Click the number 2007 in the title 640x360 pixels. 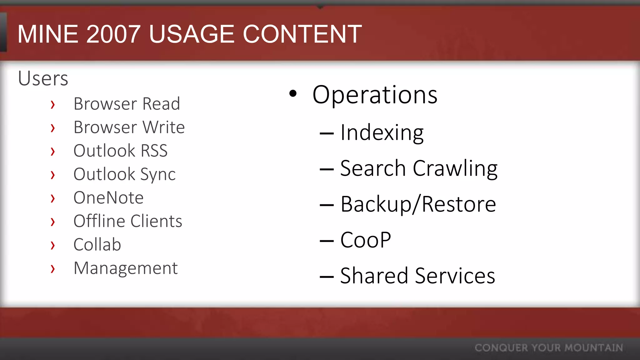tap(113, 34)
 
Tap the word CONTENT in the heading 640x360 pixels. tap(302, 34)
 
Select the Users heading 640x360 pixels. tap(43, 78)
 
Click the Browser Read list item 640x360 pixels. tap(127, 104)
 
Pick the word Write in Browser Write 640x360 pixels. tap(163, 127)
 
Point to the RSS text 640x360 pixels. tap(154, 151)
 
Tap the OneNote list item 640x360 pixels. tap(108, 198)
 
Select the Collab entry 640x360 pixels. tap(97, 245)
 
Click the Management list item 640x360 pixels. tap(126, 268)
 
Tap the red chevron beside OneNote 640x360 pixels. tap(53, 198)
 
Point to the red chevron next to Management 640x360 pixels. tap(53, 268)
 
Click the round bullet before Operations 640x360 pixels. tap(293, 93)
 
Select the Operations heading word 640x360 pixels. tap(375, 95)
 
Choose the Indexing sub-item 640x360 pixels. tap(382, 133)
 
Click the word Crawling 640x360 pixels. tap(455, 169)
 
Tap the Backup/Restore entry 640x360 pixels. tap(418, 204)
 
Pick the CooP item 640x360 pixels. tap(365, 240)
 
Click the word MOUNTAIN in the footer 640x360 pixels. tap(594, 348)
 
